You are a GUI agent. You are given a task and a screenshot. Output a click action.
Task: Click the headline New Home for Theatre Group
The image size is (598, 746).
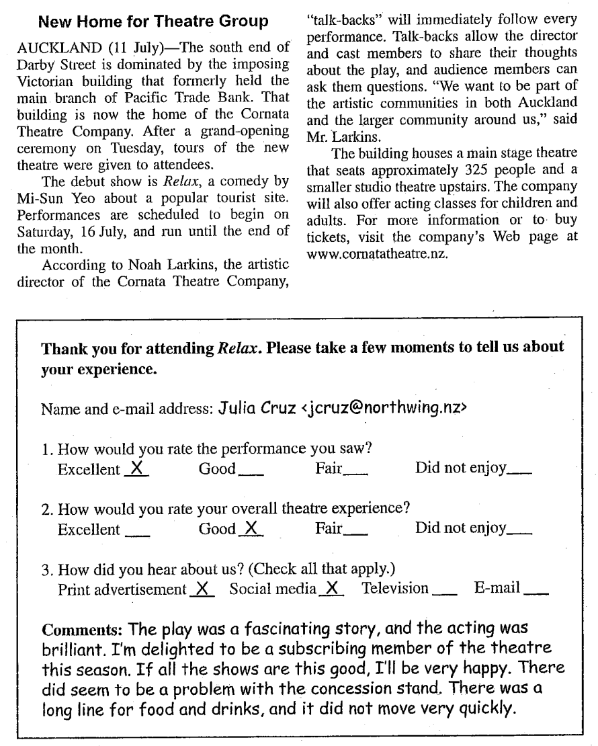point(153,22)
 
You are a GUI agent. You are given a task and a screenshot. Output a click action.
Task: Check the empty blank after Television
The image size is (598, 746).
point(445,591)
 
